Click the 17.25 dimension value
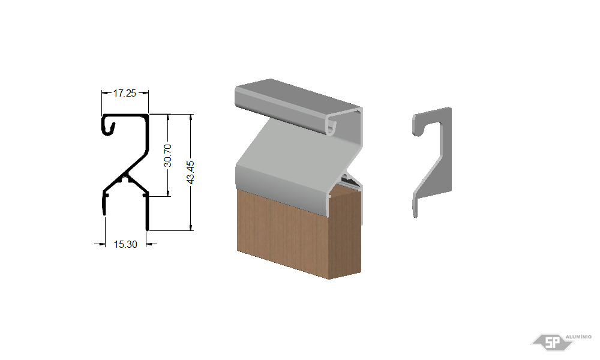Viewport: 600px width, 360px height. (x=125, y=93)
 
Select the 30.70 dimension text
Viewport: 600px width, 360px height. (x=167, y=155)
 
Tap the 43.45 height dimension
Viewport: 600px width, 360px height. (x=190, y=172)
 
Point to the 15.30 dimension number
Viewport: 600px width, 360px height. (x=125, y=244)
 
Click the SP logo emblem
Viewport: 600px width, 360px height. (x=552, y=342)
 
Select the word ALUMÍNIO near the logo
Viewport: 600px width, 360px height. (x=578, y=337)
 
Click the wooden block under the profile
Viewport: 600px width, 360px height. (x=298, y=233)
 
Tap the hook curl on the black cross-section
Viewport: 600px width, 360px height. (x=109, y=126)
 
